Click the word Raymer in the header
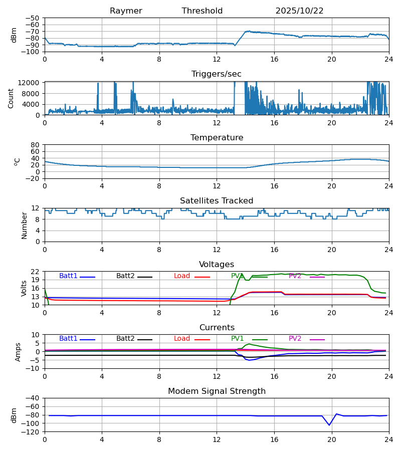coord(126,11)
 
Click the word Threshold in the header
coord(202,11)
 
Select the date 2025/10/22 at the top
coord(299,11)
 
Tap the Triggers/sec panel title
coord(217,74)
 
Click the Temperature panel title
coord(217,138)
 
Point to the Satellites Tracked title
coord(217,201)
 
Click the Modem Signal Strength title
coord(217,391)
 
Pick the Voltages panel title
coord(217,265)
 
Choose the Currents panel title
coord(217,328)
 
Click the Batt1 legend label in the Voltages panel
coord(68,276)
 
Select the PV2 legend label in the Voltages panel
coord(295,276)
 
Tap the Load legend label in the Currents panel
coord(182,339)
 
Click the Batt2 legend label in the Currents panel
coord(125,339)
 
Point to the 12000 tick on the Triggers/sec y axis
coord(32,83)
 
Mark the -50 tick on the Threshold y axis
coord(33,18)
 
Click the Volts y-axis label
coord(24,288)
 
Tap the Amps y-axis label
coord(19,352)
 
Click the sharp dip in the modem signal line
coord(329,425)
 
